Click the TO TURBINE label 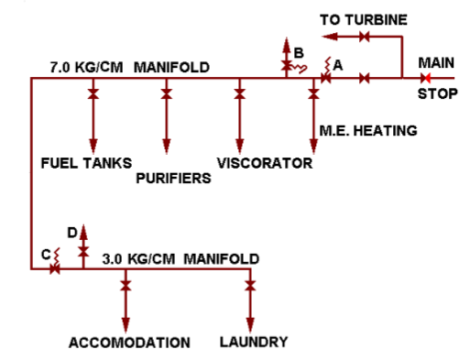click(363, 18)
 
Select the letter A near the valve click(338, 64)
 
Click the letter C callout click(45, 254)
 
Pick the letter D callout click(72, 231)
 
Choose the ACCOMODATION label click(129, 343)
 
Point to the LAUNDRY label click(254, 343)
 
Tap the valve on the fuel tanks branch click(93, 93)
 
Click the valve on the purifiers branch click(166, 93)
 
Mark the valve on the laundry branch click(249, 287)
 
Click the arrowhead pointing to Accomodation click(126, 325)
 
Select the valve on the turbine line click(364, 37)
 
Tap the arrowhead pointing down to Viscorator click(239, 146)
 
